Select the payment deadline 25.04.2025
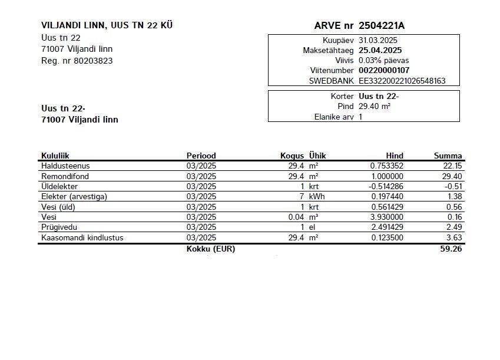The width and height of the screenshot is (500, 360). (380, 50)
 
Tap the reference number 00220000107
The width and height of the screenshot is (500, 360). (384, 70)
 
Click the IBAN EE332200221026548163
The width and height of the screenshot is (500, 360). (402, 81)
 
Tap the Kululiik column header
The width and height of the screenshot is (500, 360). (55, 156)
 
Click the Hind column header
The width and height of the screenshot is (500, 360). (395, 156)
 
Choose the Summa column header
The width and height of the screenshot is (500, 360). (448, 156)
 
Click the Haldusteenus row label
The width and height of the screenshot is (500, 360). (65, 166)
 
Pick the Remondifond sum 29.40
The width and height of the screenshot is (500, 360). (452, 176)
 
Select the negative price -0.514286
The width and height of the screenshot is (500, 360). (386, 186)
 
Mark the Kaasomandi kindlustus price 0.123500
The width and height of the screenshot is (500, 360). (388, 237)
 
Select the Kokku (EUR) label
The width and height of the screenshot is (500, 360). (211, 249)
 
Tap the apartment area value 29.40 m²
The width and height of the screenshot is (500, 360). (375, 107)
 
